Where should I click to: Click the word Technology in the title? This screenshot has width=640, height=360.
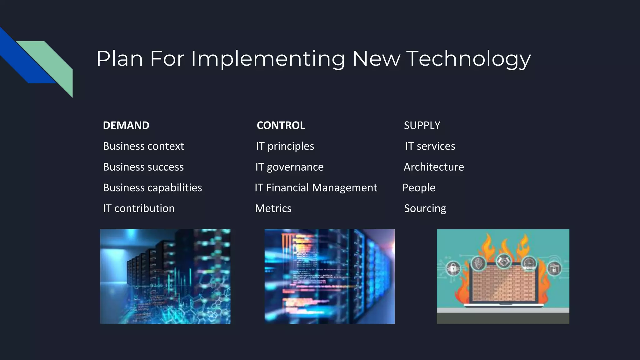tap(468, 59)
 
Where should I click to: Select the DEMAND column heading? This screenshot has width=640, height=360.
tap(126, 125)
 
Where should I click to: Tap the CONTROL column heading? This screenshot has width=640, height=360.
tap(281, 125)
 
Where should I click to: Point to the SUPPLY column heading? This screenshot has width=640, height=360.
tap(422, 125)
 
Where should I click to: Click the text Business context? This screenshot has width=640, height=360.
tap(143, 146)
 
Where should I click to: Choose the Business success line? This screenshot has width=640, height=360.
tap(143, 167)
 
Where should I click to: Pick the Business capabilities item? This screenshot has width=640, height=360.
tap(152, 188)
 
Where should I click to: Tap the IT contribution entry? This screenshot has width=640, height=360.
tap(139, 208)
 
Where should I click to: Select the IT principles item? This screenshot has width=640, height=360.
tap(285, 146)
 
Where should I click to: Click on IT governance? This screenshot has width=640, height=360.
tap(289, 167)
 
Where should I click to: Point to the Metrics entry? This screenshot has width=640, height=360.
tap(273, 208)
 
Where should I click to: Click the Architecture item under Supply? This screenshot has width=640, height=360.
tap(434, 167)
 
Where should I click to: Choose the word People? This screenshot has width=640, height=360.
tap(419, 188)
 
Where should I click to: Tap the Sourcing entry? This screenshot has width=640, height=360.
tap(425, 208)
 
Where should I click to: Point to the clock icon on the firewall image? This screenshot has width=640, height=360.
tap(529, 263)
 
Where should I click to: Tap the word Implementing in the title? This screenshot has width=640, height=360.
tap(268, 59)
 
